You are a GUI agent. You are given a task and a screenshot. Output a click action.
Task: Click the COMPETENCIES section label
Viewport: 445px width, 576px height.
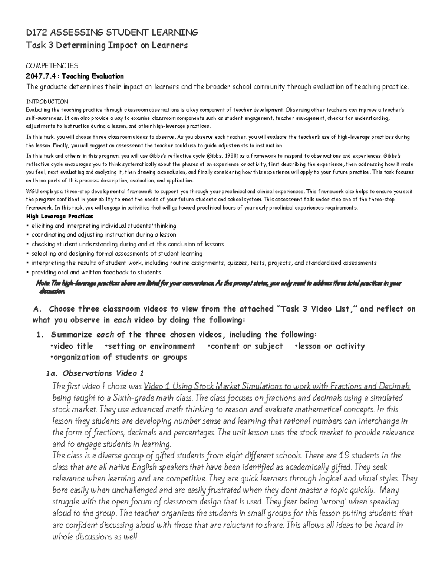tap(52, 66)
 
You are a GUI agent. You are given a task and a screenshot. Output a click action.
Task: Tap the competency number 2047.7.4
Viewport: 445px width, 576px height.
tap(42, 76)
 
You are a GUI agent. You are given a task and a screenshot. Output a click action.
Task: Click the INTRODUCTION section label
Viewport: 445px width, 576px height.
tap(47, 102)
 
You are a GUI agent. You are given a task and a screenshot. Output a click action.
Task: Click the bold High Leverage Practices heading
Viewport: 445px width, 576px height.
tap(59, 216)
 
